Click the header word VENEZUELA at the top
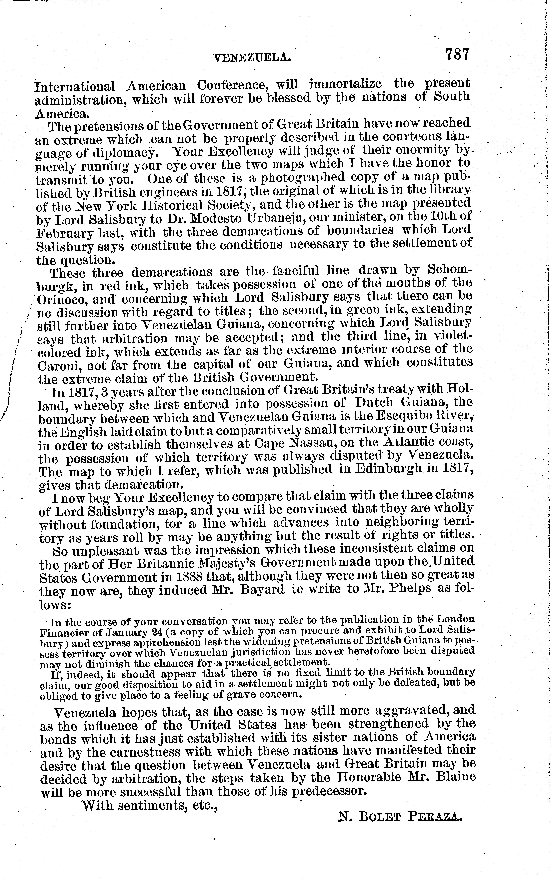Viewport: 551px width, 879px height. (251, 57)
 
